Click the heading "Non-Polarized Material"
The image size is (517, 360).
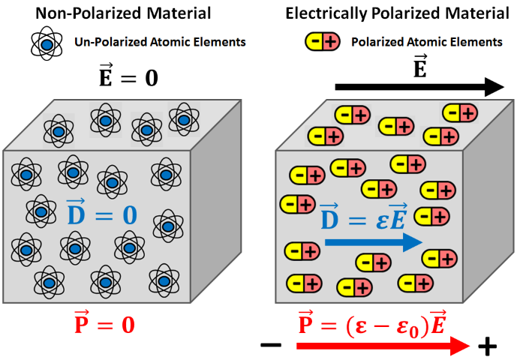(x=125, y=13)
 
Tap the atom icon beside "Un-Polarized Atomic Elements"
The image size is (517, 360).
(x=47, y=43)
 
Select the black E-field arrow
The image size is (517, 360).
(x=419, y=88)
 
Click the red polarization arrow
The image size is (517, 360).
(x=383, y=346)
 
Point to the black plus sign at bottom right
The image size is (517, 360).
(x=488, y=346)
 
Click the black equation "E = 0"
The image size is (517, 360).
(x=129, y=77)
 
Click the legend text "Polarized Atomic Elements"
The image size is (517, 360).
(x=426, y=43)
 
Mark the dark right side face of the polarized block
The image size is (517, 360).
(x=488, y=217)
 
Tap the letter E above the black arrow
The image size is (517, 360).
(x=420, y=66)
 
